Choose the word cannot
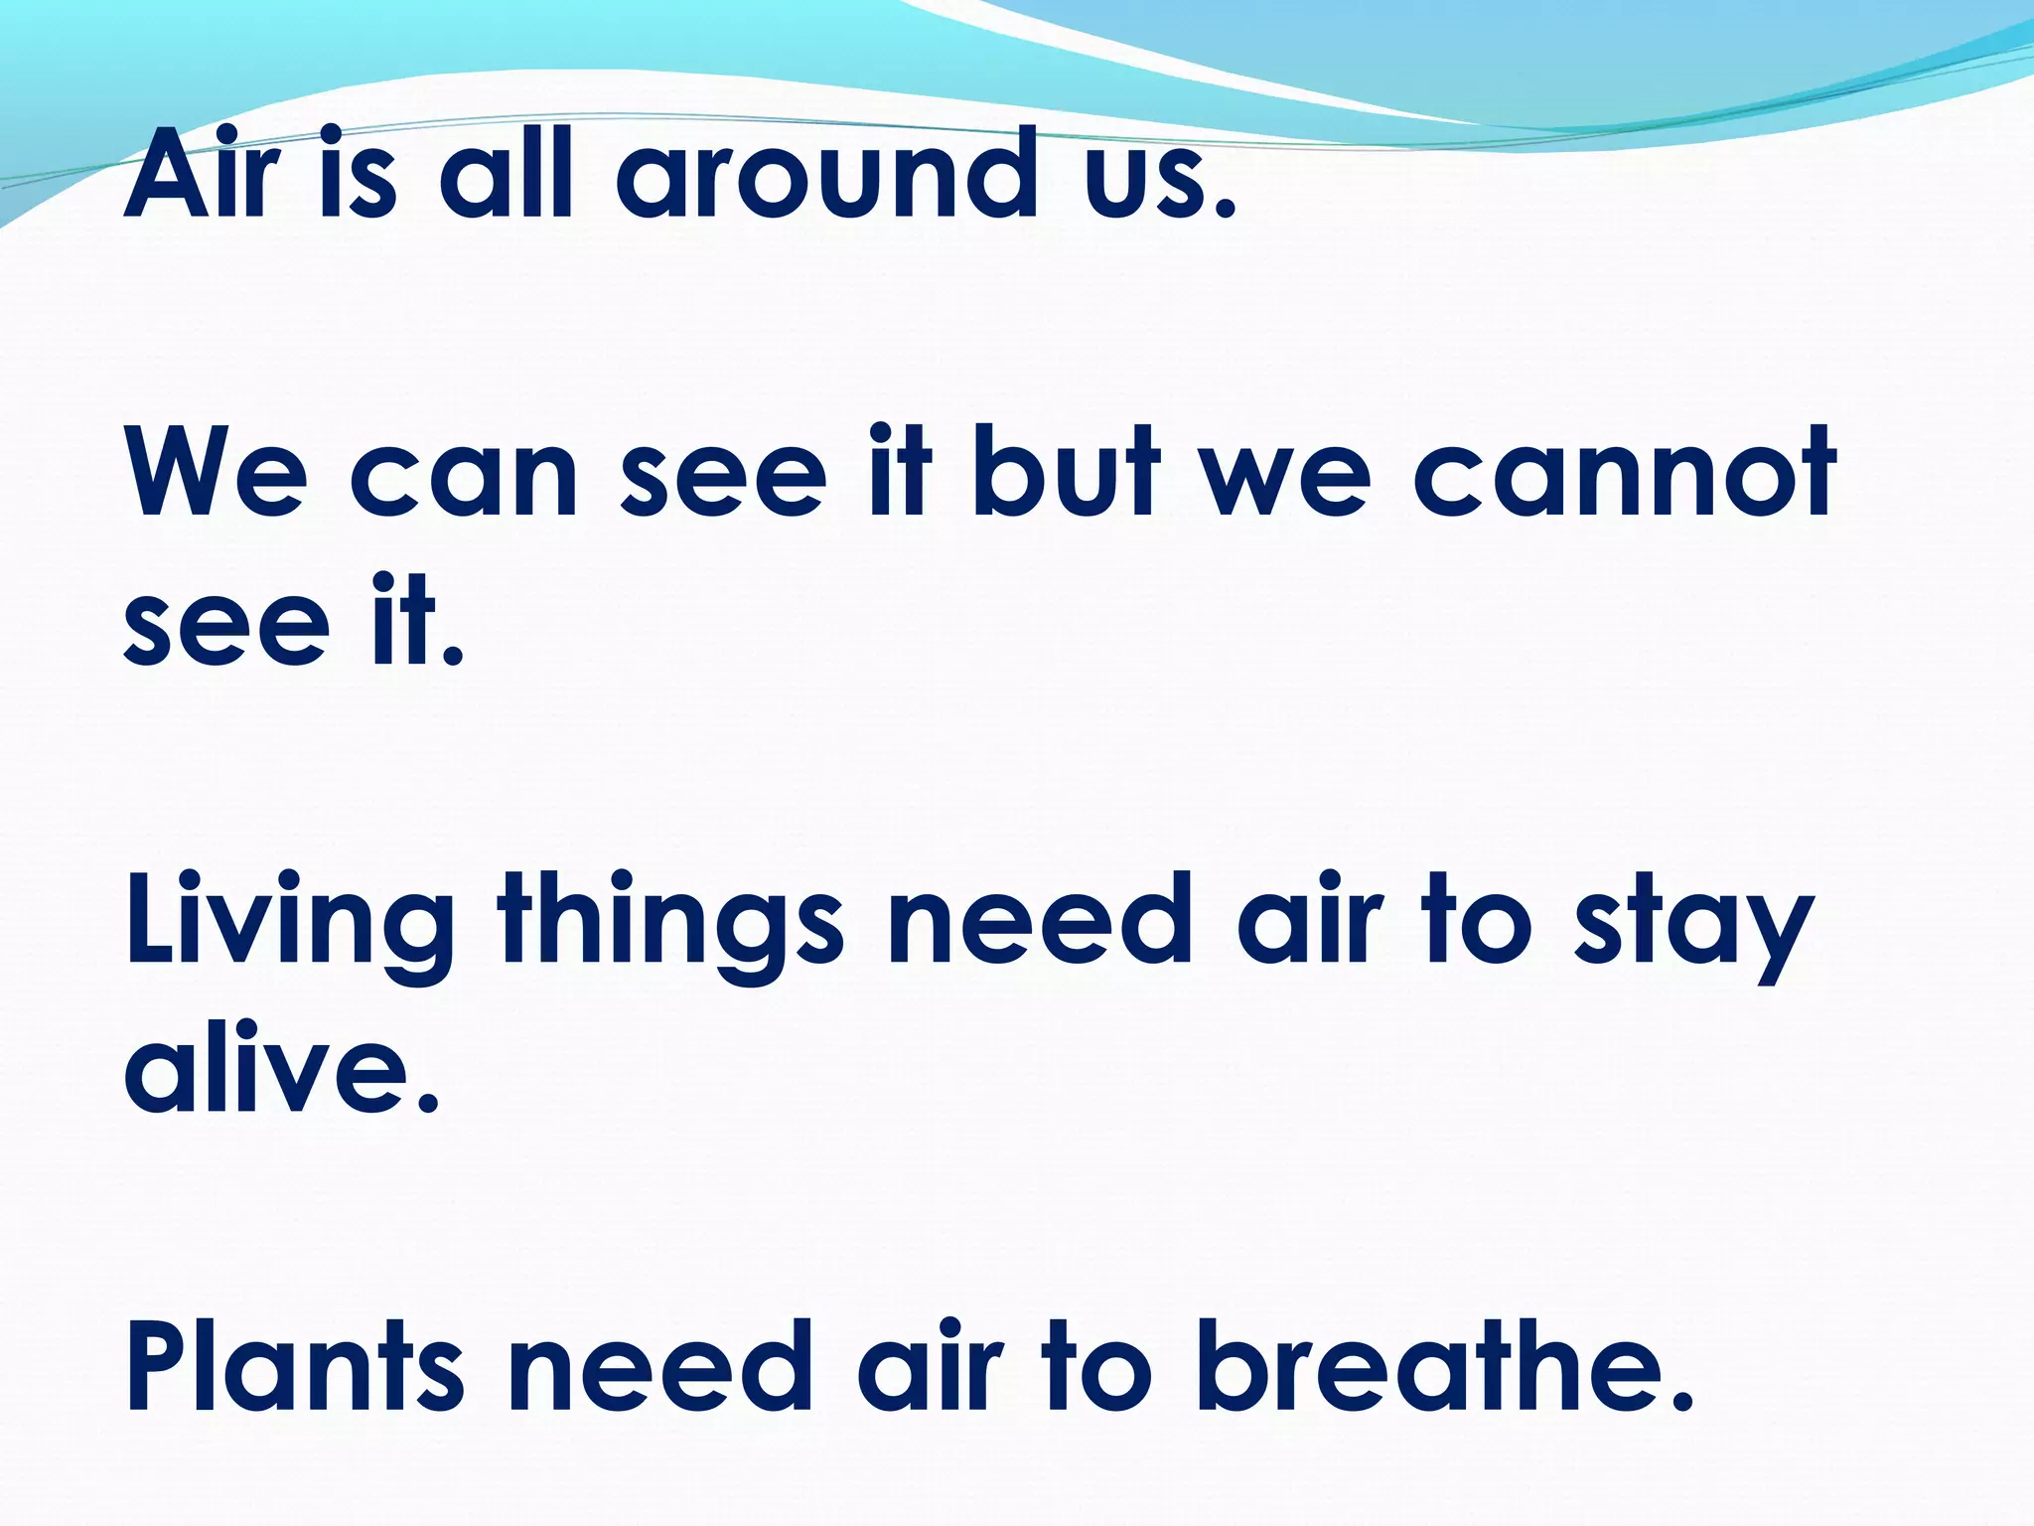pos(1623,475)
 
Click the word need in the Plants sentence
pos(659,1367)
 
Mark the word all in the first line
pos(507,175)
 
